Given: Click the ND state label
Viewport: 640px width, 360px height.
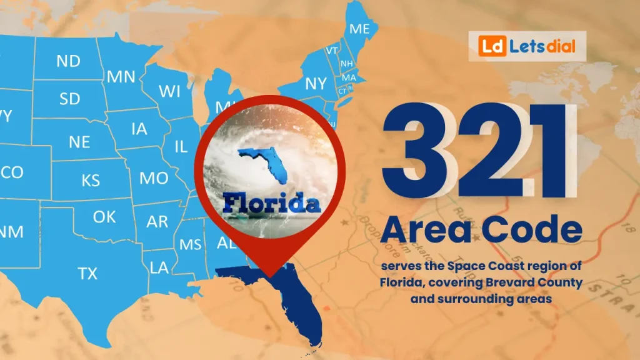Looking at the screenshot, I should coord(68,61).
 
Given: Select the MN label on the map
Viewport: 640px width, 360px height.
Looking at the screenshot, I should coord(121,76).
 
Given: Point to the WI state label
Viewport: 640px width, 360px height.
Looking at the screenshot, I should coord(169,91).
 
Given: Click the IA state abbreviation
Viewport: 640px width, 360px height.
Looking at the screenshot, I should coord(139,129).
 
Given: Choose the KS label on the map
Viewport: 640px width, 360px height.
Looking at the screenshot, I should coord(91,181).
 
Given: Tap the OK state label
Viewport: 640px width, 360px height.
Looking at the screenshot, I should coord(104,217).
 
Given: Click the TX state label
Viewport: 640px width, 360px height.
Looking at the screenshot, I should coord(87,273).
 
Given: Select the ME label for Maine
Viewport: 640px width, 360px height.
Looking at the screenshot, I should coord(359,29).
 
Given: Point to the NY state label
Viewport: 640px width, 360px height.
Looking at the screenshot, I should coord(316,83).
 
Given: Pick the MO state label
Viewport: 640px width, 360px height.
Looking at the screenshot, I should coord(153,178).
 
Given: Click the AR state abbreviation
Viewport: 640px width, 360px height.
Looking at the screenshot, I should coord(157,222).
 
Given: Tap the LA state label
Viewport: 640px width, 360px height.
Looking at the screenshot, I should coord(159,267).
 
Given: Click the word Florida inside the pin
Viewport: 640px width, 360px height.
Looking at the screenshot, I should coord(271,203).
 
